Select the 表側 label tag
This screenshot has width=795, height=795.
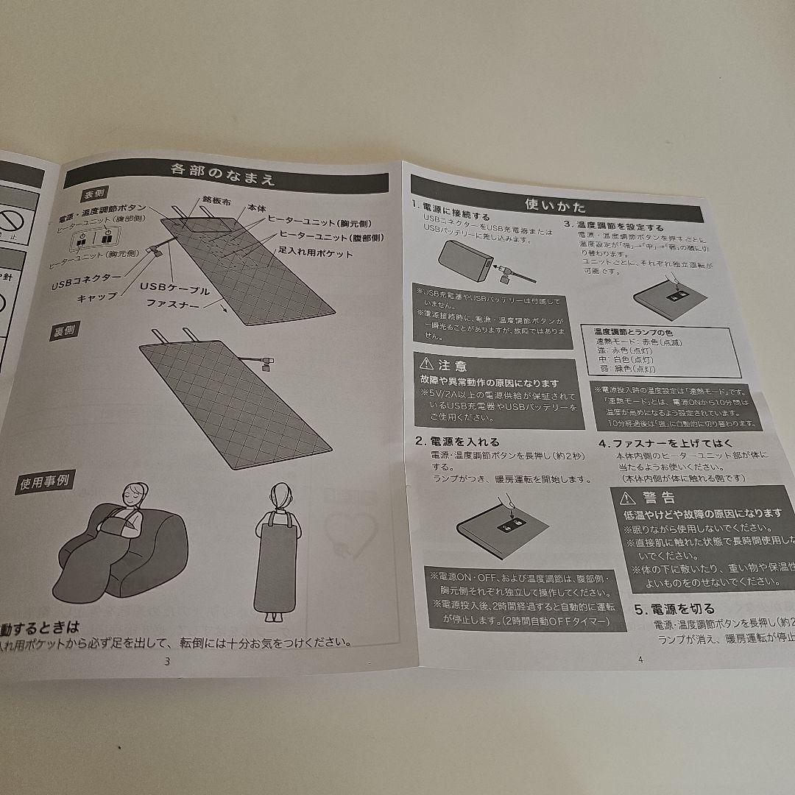[97, 196]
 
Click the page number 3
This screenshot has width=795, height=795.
[167, 660]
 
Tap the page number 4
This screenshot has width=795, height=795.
[640, 659]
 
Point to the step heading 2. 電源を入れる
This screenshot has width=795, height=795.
[456, 442]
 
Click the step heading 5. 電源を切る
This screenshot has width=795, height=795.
[674, 609]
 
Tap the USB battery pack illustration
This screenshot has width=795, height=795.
[462, 260]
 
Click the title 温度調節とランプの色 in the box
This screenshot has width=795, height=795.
[624, 333]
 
